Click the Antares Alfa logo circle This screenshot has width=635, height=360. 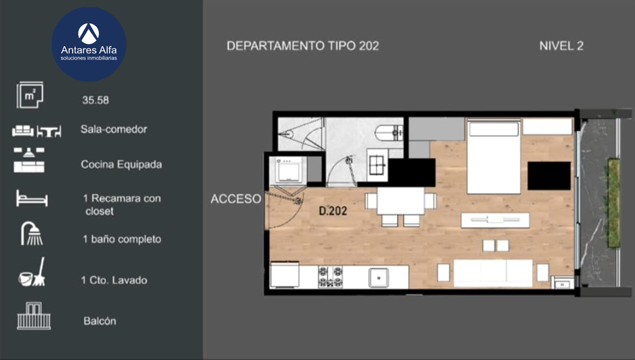coord(89,44)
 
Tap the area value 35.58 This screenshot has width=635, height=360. coord(96,100)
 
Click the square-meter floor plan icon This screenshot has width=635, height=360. coord(30,95)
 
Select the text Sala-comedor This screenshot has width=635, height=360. coord(114,129)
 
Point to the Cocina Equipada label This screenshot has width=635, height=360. coord(121,164)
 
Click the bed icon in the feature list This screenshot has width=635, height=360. coord(32,198)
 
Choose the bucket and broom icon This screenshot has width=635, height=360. coord(32,272)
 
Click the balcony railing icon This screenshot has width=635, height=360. coord(34,316)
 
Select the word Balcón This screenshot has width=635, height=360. coord(100,321)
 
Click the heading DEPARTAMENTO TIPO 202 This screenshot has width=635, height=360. coord(303,46)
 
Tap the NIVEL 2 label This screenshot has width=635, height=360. coord(561,46)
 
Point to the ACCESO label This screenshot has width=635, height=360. coord(236,199)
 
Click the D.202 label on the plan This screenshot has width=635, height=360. coord(333,211)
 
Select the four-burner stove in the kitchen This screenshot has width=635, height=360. coord(330,276)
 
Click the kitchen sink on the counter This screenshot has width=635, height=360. coord(378,278)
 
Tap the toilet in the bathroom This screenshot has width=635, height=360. coord(389,133)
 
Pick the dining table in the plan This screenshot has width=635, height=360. coord(400,201)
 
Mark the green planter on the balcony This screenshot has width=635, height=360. coord(614,203)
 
